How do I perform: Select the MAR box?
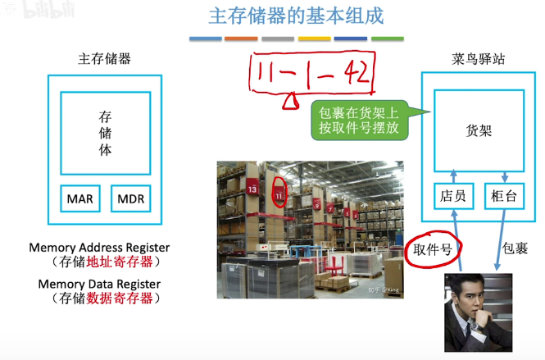coord(80,198)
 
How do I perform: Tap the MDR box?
coord(130,198)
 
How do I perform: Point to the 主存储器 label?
coord(104,59)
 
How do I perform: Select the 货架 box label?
coord(479,130)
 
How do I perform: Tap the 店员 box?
coord(452,195)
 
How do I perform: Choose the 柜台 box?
coord(503,195)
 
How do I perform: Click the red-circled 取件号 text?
coord(433,248)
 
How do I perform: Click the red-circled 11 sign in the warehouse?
coord(279,195)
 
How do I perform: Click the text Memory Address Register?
coord(99,247)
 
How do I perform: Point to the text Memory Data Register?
coord(99,284)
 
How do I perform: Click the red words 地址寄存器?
coord(123,262)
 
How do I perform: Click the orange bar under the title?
coord(241,39)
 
